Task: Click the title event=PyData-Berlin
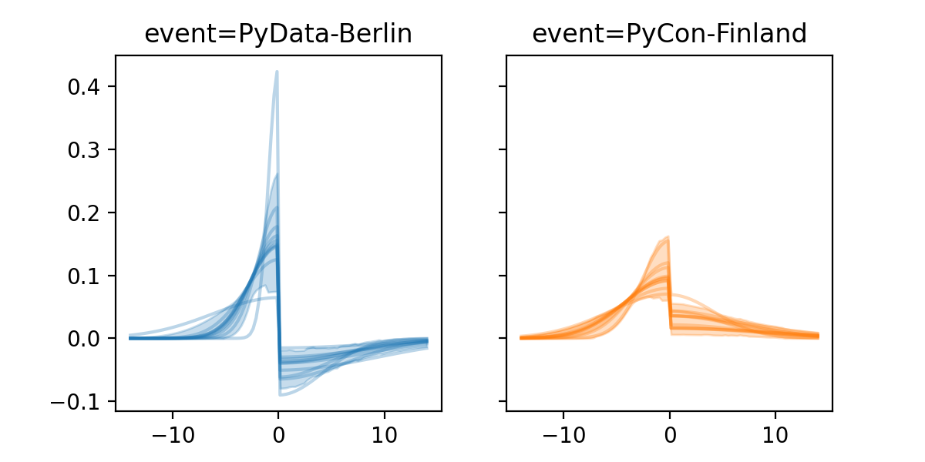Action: (x=278, y=35)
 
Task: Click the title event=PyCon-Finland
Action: (x=669, y=35)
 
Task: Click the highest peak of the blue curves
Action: (x=277, y=72)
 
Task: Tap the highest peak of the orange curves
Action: (x=668, y=236)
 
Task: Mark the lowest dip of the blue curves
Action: (x=281, y=395)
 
